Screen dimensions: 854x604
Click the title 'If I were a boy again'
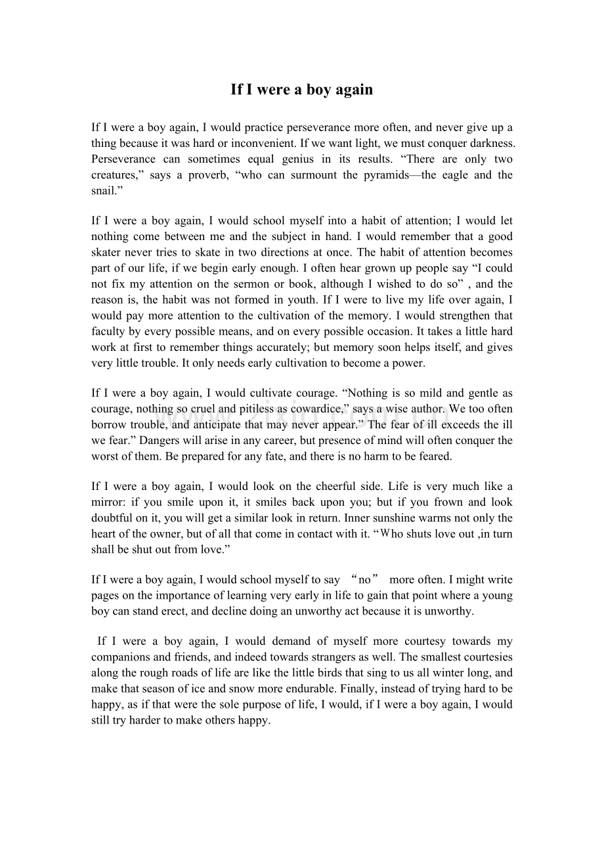tap(301, 90)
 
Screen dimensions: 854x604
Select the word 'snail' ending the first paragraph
tap(104, 191)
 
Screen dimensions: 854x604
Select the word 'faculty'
tap(108, 331)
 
